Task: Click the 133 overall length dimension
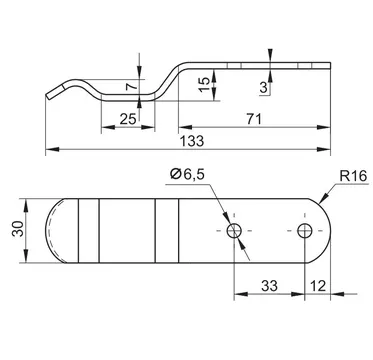click(x=192, y=141)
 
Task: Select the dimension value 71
click(x=254, y=119)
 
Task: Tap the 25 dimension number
click(x=128, y=119)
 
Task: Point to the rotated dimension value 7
click(x=131, y=87)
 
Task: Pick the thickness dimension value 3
click(x=264, y=88)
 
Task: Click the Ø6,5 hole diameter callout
click(x=187, y=174)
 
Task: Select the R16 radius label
click(x=353, y=176)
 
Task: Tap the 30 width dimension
click(x=18, y=229)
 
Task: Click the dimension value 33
click(x=269, y=286)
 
